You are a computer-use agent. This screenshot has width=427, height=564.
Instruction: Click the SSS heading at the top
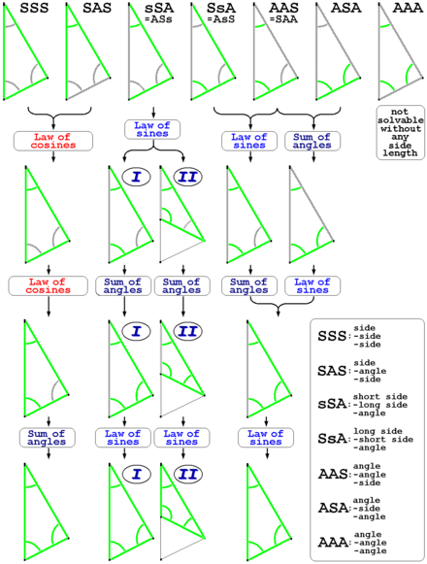pyautogui.click(x=34, y=8)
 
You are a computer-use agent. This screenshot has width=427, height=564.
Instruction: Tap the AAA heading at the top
pyautogui.click(x=408, y=8)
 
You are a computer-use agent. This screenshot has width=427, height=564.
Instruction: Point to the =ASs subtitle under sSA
pyautogui.click(x=158, y=19)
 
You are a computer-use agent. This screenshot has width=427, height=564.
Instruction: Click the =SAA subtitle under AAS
pyautogui.click(x=283, y=19)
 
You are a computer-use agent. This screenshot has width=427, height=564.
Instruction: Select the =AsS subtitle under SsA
pyautogui.click(x=221, y=19)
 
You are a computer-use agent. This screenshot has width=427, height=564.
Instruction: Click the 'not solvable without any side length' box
pyautogui.click(x=401, y=132)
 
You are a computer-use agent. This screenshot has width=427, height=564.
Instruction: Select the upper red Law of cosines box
pyautogui.click(x=53, y=141)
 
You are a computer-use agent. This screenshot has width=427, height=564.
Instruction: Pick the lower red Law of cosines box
pyautogui.click(x=49, y=286)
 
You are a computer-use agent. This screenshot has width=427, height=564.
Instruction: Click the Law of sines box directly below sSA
pyautogui.click(x=152, y=129)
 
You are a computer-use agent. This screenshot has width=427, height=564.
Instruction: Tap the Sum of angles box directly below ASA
pyautogui.click(x=312, y=141)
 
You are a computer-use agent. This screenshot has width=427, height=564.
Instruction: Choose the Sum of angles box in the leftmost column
pyautogui.click(x=48, y=438)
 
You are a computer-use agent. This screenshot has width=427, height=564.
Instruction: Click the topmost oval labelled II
pyautogui.click(x=187, y=177)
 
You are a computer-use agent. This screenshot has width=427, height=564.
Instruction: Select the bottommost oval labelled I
pyautogui.click(x=136, y=474)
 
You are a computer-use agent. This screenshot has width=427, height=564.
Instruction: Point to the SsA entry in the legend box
pyautogui.click(x=332, y=439)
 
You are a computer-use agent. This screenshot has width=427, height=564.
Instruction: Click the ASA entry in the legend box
pyautogui.click(x=333, y=508)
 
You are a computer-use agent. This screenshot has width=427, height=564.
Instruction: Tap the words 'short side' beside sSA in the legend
pyautogui.click(x=380, y=397)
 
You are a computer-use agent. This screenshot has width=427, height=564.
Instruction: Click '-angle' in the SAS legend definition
pyautogui.click(x=370, y=371)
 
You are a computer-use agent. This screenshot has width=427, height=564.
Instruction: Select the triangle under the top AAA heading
pyautogui.click(x=401, y=51)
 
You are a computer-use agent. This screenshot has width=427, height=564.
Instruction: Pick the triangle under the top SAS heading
pyautogui.click(x=87, y=51)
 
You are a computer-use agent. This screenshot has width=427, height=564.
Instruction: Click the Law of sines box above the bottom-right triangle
pyautogui.click(x=266, y=438)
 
